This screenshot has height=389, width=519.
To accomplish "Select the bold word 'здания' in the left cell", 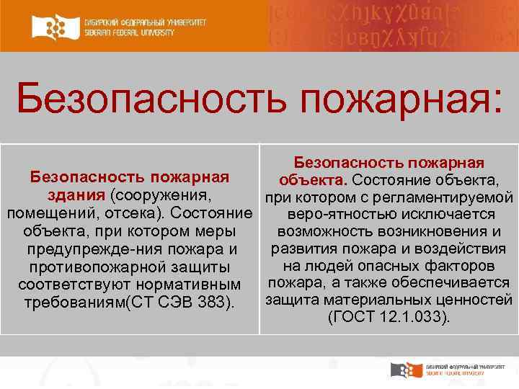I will tap(76, 196).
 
